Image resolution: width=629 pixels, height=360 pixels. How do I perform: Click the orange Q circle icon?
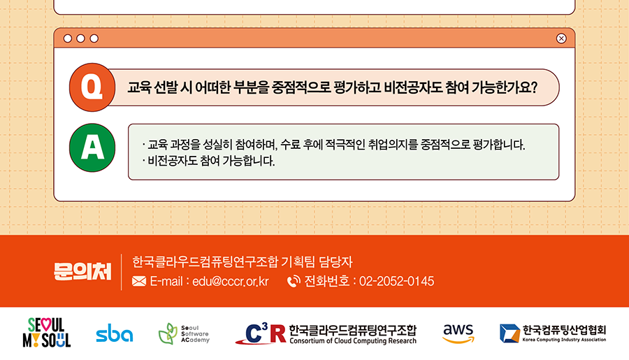(92, 87)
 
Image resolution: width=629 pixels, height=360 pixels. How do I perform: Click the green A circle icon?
(92, 147)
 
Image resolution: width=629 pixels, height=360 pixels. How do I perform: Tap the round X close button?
(561, 38)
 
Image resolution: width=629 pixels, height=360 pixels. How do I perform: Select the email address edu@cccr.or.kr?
(230, 281)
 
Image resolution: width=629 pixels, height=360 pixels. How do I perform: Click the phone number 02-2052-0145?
(396, 281)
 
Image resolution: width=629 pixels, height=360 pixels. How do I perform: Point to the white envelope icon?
(139, 281)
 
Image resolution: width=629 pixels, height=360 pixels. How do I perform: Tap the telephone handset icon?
(294, 281)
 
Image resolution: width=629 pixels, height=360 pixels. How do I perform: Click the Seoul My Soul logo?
(47, 332)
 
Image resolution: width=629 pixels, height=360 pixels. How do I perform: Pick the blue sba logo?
(115, 333)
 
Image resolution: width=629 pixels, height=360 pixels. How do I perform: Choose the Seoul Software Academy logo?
(184, 333)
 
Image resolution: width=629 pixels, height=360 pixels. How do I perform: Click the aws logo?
(458, 333)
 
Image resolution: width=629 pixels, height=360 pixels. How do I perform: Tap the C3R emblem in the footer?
(261, 333)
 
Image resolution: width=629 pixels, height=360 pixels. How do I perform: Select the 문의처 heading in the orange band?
(82, 272)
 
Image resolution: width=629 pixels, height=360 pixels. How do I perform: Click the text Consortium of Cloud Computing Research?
(353, 340)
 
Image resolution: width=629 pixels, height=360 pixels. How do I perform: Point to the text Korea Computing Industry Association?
(564, 340)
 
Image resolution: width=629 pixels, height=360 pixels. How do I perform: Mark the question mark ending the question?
(533, 87)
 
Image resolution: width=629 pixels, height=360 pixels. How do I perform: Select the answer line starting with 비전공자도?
(208, 161)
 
